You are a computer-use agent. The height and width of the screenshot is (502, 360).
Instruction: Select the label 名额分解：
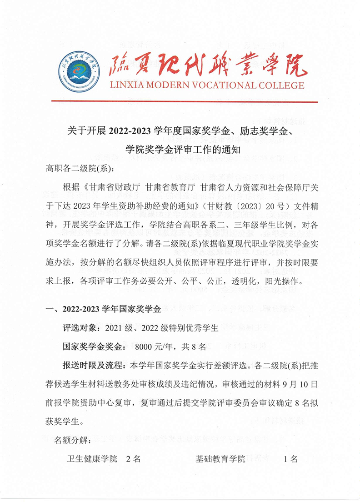pyautogui.click(x=73, y=440)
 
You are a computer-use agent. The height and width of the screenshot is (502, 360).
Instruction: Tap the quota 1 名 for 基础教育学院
pyautogui.click(x=291, y=459)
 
